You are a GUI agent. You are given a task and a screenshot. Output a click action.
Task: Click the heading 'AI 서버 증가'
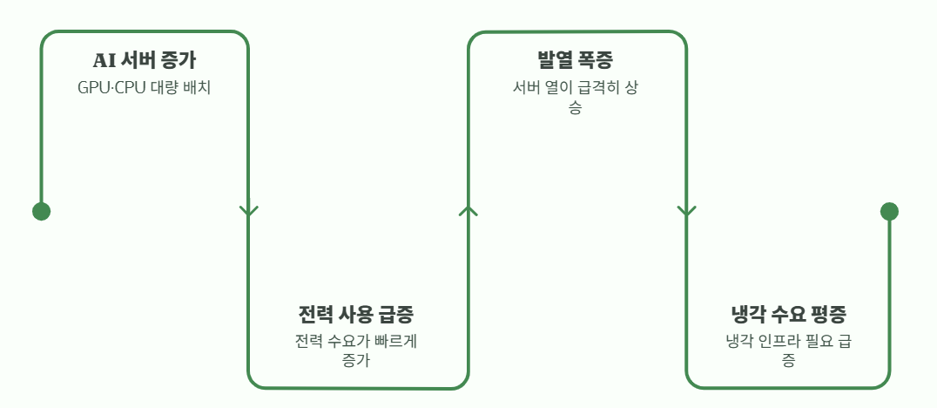point(145,61)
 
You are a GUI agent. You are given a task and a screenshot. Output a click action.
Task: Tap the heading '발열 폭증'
point(576,61)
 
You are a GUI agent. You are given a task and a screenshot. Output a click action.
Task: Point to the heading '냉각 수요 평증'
point(788,314)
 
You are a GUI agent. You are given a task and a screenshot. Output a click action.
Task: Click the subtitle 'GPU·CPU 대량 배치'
point(145,87)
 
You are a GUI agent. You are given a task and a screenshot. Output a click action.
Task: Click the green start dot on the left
point(41,211)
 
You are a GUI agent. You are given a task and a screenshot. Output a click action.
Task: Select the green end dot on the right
point(889,211)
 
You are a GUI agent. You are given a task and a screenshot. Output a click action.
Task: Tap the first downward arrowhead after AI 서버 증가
point(249,211)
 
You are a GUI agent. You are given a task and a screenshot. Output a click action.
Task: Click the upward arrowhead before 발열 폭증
point(468,210)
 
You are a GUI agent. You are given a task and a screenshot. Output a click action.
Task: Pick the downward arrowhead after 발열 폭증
point(686,211)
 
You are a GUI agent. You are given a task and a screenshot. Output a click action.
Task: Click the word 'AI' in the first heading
point(104,61)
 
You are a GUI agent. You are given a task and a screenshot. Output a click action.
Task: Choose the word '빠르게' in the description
point(395,340)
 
